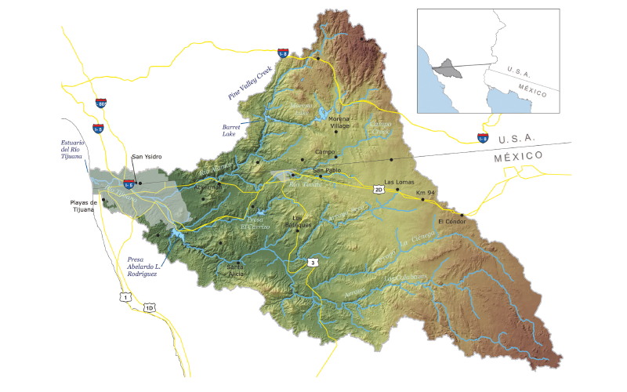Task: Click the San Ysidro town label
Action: (x=147, y=157)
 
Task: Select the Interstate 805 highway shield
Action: (x=101, y=103)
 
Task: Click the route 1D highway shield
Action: (x=149, y=307)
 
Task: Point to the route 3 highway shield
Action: (x=313, y=262)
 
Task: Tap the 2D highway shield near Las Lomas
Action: (x=379, y=190)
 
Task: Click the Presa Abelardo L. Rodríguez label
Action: (x=142, y=267)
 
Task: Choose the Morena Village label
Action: (x=339, y=122)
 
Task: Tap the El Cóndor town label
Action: (x=452, y=221)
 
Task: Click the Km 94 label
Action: (x=426, y=191)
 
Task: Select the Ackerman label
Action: (x=208, y=187)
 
